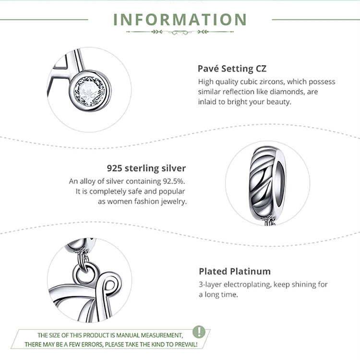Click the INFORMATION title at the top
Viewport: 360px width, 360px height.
(x=180, y=20)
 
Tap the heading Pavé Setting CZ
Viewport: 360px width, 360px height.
(x=232, y=68)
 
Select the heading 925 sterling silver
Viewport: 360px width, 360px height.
(x=146, y=168)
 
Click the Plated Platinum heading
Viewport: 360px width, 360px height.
(x=235, y=271)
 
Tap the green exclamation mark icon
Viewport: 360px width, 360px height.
(x=199, y=332)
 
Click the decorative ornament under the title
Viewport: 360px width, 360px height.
(x=180, y=32)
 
